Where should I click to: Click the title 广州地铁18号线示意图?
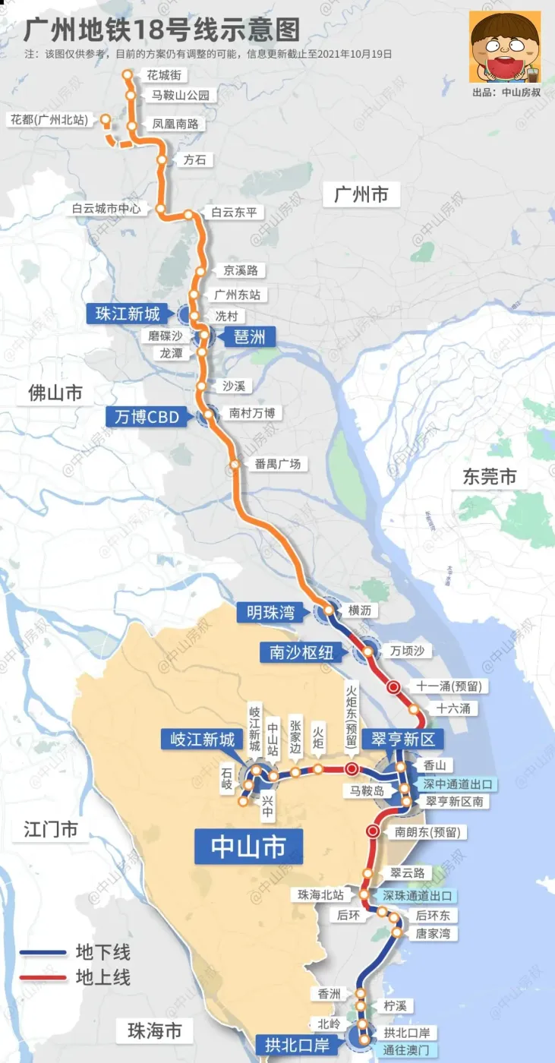point(162,30)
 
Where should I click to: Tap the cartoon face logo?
point(504,46)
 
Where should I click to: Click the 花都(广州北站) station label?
point(47,120)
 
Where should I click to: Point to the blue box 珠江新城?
point(128,314)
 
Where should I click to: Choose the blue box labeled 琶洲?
point(248,336)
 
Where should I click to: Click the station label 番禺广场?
point(278,464)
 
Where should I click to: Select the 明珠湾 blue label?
point(270,612)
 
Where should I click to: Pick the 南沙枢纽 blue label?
point(296,652)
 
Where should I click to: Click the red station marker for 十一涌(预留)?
point(393,687)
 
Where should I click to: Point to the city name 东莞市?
point(490,477)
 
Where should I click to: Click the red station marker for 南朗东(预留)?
point(373,831)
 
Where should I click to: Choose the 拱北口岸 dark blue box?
point(297,1046)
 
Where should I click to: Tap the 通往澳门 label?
point(407,1050)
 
